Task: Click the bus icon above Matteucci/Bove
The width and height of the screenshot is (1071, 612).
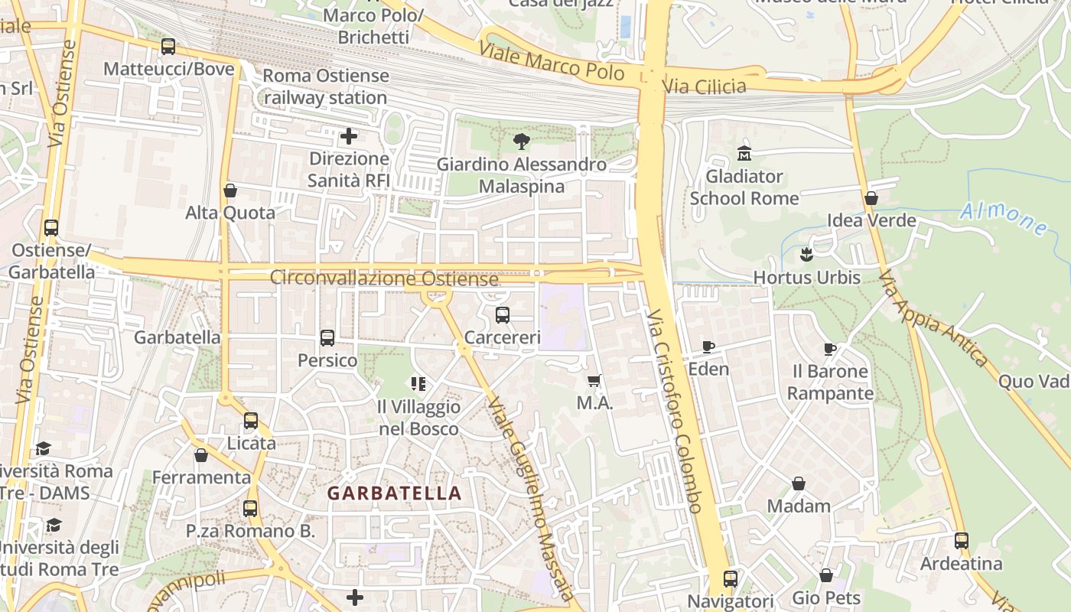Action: click(168, 47)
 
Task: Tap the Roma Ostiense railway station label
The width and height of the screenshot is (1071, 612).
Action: click(326, 87)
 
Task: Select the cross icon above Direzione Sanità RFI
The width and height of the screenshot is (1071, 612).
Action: click(349, 137)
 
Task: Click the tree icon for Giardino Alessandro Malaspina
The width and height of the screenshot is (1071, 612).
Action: click(522, 142)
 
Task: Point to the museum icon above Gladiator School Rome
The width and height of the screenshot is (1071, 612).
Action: click(744, 154)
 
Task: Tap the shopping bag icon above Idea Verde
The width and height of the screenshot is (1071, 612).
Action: click(871, 199)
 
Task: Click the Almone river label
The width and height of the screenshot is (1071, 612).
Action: click(1004, 218)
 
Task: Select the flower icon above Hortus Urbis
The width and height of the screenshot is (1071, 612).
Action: click(806, 255)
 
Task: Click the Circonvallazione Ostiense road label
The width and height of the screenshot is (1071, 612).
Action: click(384, 278)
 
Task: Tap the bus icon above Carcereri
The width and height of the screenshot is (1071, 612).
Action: click(503, 315)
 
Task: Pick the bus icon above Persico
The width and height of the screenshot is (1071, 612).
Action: click(327, 338)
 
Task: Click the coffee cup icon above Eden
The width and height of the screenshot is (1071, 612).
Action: click(708, 347)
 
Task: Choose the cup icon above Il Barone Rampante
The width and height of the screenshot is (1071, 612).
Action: click(830, 350)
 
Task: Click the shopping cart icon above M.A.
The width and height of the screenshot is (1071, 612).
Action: click(594, 381)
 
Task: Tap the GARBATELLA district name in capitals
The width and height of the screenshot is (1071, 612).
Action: click(395, 493)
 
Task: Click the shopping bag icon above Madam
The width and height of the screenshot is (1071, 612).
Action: click(799, 484)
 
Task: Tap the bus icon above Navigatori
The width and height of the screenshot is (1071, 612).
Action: click(731, 579)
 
